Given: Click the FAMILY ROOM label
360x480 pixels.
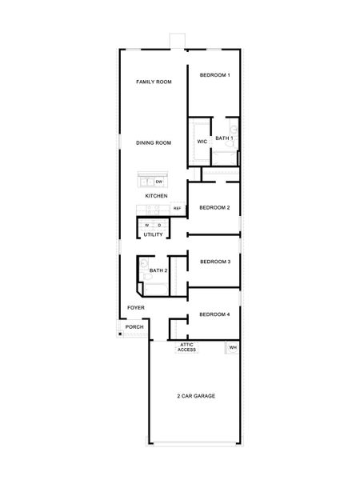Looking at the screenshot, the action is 154,82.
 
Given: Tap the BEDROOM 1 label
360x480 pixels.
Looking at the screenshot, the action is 215,75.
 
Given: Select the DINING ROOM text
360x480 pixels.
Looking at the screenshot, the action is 154,142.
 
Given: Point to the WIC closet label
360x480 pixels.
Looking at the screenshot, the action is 202,142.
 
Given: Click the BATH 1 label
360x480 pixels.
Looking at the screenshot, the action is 224,138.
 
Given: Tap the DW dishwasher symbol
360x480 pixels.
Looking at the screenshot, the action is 159,182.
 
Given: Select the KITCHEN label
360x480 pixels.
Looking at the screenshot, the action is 157,196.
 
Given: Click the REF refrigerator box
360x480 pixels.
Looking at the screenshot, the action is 178,209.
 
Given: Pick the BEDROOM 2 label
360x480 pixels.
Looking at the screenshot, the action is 214,207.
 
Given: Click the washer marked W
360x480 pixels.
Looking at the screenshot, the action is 147,226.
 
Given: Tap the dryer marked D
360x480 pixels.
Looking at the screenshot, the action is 159,226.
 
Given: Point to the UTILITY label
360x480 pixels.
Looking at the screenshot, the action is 153,234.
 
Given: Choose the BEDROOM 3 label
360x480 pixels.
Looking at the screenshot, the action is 215,262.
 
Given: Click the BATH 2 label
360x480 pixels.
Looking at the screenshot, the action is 158,270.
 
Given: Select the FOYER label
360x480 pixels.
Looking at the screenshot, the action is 136,308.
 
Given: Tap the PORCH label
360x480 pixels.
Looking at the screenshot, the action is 134,327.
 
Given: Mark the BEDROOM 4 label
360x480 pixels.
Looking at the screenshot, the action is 214,314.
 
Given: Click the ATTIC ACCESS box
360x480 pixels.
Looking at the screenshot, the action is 186,347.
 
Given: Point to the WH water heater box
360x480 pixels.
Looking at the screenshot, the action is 232,348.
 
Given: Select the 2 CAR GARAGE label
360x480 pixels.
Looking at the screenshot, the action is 196,396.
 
